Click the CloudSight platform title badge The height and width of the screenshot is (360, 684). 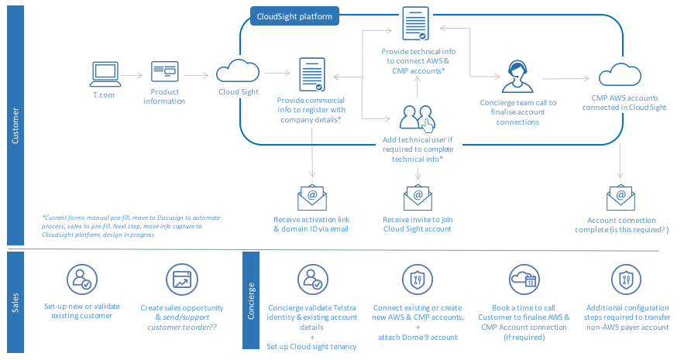pyautogui.click(x=294, y=16)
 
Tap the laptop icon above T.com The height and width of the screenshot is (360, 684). pyautogui.click(x=105, y=74)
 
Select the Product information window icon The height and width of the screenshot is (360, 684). pyautogui.click(x=164, y=71)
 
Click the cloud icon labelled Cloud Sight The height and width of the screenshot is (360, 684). pyautogui.click(x=238, y=71)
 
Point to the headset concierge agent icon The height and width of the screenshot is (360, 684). pyautogui.click(x=517, y=77)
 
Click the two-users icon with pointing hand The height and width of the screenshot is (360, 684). pyautogui.click(x=418, y=118)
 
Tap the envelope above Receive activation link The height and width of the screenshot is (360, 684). pyautogui.click(x=312, y=197)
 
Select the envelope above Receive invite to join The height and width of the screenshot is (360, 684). pyautogui.click(x=418, y=197)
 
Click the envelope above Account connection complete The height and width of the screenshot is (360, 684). pyautogui.click(x=620, y=197)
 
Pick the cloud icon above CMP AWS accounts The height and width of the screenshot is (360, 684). pyautogui.click(x=620, y=75)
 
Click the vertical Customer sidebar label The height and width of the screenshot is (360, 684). pyautogui.click(x=15, y=125)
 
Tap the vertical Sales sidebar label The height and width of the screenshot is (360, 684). pyautogui.click(x=15, y=303)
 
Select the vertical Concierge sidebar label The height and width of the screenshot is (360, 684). pyautogui.click(x=251, y=300)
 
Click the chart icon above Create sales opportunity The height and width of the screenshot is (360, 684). pyautogui.click(x=182, y=279)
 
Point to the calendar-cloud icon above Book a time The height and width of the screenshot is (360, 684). pyautogui.click(x=524, y=279)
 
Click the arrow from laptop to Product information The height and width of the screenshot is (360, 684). pyautogui.click(x=132, y=75)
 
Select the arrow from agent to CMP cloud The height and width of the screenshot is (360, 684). pyautogui.click(x=565, y=79)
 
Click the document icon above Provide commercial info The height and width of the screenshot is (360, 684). pyautogui.click(x=312, y=74)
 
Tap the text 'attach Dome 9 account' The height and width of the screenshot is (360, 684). pyautogui.click(x=418, y=337)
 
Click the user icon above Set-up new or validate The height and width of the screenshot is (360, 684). pyautogui.click(x=82, y=279)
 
